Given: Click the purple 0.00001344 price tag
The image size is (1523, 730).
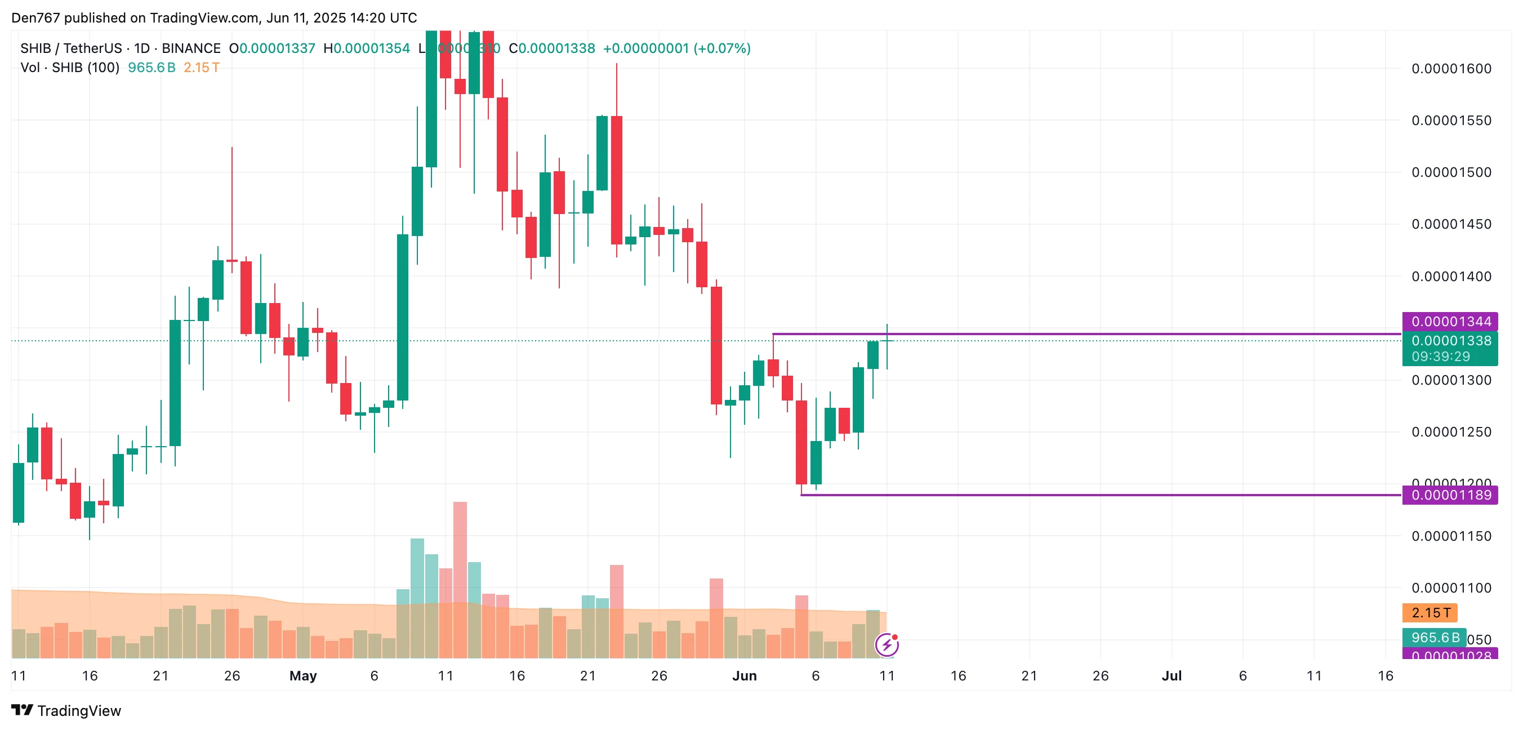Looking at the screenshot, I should [x=1450, y=322].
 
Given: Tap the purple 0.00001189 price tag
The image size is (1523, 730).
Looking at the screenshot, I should [x=1450, y=495].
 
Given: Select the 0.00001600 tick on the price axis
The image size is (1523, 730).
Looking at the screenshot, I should [x=1451, y=69].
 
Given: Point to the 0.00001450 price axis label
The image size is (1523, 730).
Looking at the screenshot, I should [x=1451, y=224].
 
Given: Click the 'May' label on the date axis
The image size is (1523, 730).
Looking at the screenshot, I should [x=302, y=675].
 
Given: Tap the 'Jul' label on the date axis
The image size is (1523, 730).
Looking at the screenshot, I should [x=1171, y=675].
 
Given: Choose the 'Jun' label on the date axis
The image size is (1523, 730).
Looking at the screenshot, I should [x=745, y=675].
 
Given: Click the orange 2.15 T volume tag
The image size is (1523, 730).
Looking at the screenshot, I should [x=1430, y=612].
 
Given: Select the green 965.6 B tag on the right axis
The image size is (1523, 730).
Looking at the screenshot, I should [x=1435, y=638].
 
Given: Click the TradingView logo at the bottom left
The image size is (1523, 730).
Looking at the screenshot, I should [x=66, y=710].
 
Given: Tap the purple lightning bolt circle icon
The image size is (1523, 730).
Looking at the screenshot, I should [x=887, y=644].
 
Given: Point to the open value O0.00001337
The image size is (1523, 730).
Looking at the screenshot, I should [x=273, y=48].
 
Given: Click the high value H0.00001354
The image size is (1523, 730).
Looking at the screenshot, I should [x=367, y=48].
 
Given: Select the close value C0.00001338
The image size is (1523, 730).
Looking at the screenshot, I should [x=551, y=48].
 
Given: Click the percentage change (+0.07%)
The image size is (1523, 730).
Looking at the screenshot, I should [x=722, y=48].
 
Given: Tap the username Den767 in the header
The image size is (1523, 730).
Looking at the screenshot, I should [x=35, y=17].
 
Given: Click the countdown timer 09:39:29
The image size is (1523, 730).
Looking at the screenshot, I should [x=1440, y=357].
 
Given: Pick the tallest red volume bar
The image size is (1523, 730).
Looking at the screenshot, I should [x=460, y=579].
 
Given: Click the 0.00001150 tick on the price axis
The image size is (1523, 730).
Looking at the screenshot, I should [x=1451, y=536].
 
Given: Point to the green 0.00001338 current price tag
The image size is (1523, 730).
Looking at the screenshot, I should [x=1451, y=340].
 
